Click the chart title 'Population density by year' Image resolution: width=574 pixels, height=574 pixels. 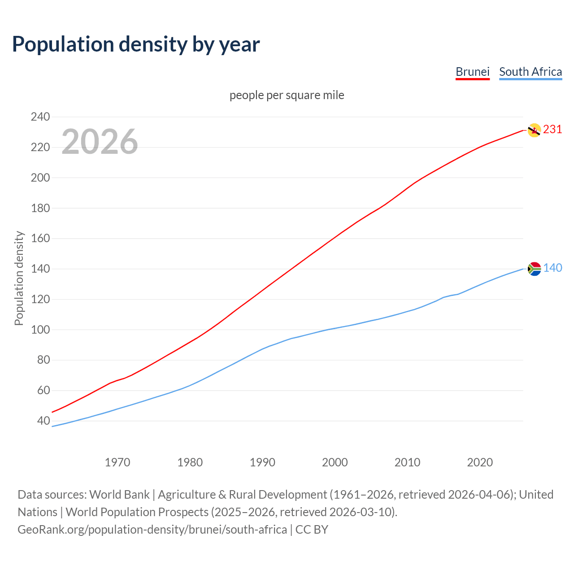(x=136, y=44)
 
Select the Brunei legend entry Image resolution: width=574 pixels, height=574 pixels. (x=472, y=72)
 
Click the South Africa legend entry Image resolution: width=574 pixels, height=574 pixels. (x=530, y=72)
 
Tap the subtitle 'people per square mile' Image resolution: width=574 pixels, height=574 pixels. (x=287, y=95)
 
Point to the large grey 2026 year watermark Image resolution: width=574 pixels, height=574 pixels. (x=100, y=142)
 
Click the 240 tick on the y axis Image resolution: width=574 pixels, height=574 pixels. (x=40, y=117)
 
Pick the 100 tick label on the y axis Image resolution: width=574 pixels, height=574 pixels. (x=40, y=330)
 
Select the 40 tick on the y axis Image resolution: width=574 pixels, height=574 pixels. (x=43, y=421)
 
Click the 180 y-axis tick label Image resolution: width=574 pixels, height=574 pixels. (x=40, y=208)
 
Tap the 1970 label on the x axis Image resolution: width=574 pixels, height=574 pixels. (x=117, y=462)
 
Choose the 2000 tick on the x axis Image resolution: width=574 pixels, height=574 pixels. (x=335, y=462)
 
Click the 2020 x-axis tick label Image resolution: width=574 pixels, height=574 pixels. (x=480, y=462)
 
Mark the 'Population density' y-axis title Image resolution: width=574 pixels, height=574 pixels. (x=19, y=278)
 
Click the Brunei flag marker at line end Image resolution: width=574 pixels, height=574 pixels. (x=534, y=130)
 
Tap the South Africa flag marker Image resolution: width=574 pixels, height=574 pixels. (x=534, y=269)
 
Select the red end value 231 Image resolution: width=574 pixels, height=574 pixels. (x=552, y=129)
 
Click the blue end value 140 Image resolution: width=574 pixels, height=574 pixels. (x=552, y=268)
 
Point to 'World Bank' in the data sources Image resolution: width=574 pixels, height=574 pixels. (x=119, y=495)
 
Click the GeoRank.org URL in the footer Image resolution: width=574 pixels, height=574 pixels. (x=152, y=530)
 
